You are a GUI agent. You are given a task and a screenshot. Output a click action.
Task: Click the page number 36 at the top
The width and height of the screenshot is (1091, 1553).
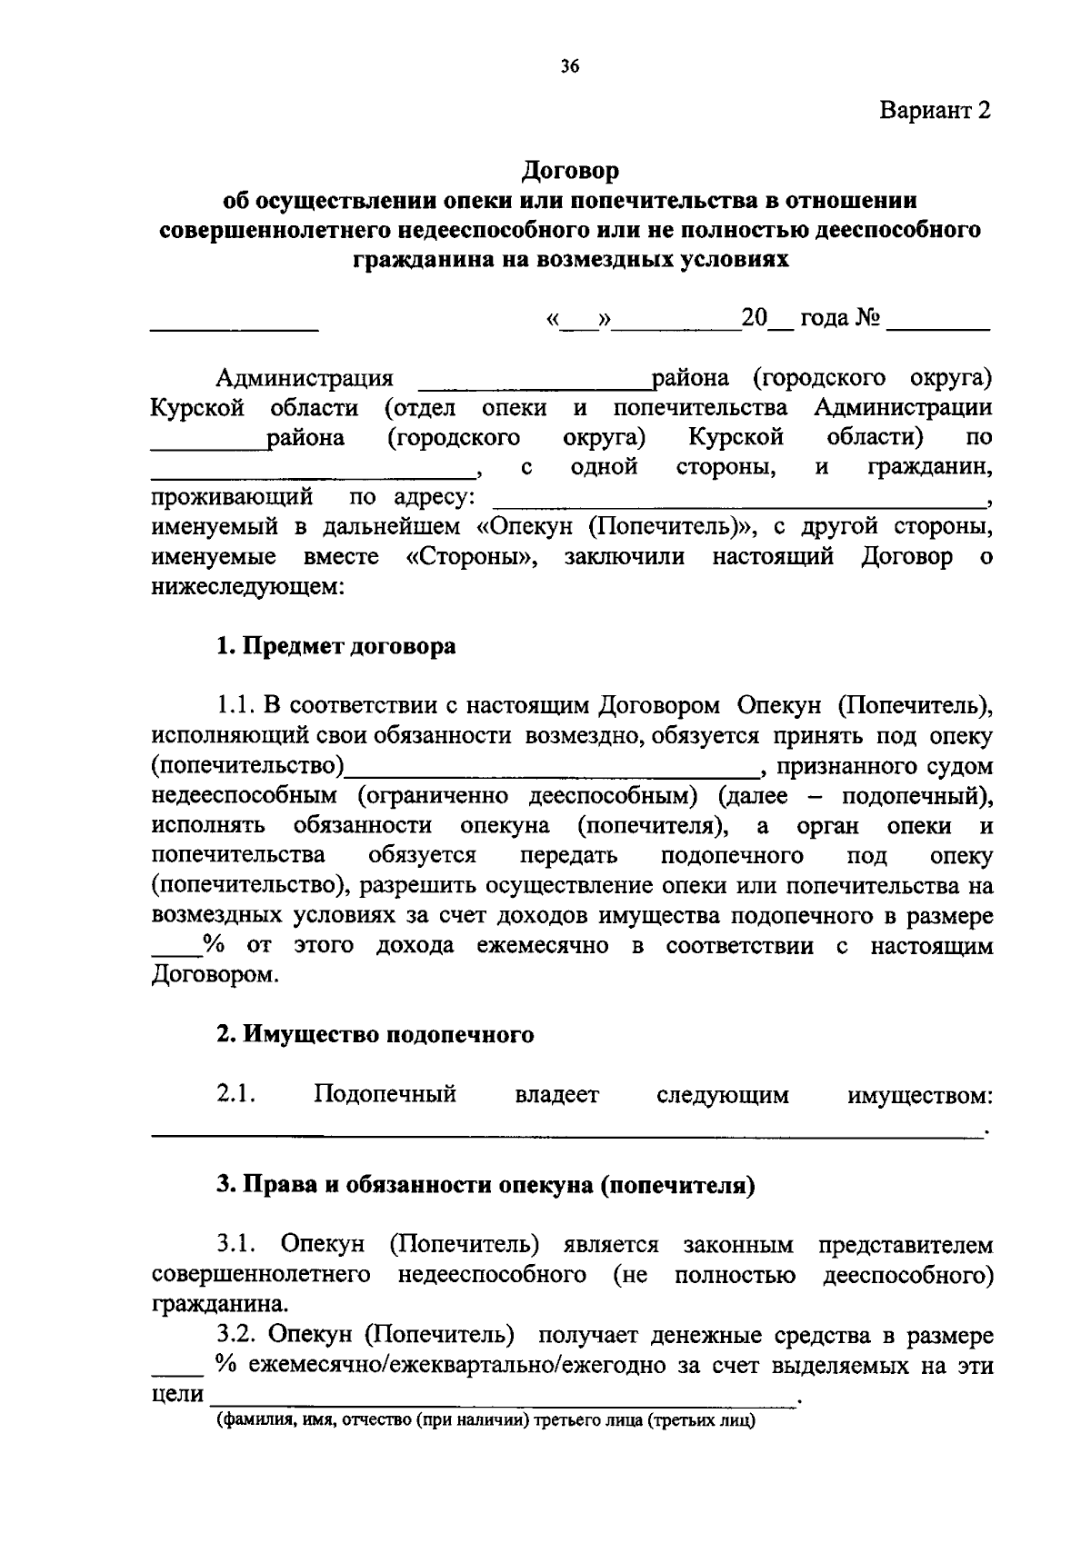(570, 65)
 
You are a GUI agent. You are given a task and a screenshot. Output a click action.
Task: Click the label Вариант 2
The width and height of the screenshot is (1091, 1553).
(934, 111)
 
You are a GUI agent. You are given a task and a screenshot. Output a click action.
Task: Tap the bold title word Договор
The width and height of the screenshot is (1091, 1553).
(570, 170)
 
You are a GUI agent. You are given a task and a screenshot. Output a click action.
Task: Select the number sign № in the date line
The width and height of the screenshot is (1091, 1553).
(866, 319)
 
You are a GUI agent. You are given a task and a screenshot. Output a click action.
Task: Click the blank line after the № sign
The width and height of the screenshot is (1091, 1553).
(937, 323)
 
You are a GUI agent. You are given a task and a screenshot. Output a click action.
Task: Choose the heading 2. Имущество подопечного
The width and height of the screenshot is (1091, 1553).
(375, 1034)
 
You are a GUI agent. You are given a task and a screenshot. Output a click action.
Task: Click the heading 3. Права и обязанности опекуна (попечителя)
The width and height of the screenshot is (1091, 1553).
(485, 1185)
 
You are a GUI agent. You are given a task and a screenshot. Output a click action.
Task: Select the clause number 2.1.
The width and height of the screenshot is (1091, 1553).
(235, 1094)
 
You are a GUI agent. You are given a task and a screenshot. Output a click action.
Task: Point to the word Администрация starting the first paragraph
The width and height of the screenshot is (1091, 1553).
(305, 378)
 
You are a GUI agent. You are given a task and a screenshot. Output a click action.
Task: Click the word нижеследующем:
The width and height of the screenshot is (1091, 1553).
(247, 587)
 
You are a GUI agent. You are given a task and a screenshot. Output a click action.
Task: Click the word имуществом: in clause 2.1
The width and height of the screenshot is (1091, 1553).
(919, 1095)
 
